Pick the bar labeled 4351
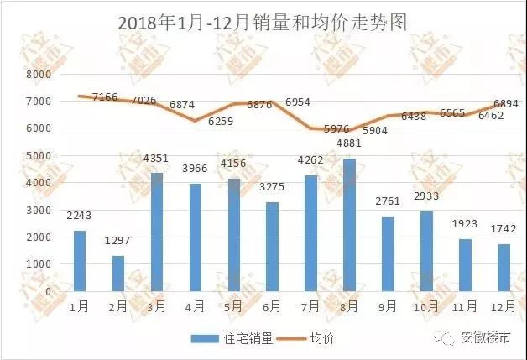tap(157, 232)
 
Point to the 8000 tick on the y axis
tap(39, 75)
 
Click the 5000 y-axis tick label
tap(39, 155)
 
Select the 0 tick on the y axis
tap(48, 290)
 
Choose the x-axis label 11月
tap(464, 306)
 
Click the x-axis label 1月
tap(79, 306)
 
